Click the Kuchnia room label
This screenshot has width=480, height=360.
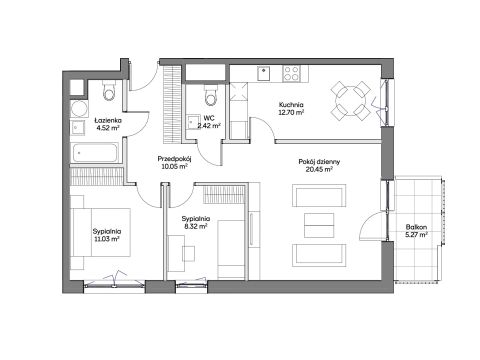tap(291, 105)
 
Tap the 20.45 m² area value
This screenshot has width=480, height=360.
tap(319, 169)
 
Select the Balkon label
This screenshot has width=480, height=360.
tap(416, 227)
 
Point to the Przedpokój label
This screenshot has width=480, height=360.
tap(174, 159)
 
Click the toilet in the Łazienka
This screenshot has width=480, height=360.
tap(109, 91)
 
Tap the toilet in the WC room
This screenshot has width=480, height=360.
tap(210, 94)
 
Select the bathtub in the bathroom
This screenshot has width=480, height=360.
tap(95, 153)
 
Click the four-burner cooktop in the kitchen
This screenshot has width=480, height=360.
tap(291, 73)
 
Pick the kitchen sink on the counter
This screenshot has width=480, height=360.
tap(264, 73)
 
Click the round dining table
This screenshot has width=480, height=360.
tap(350, 101)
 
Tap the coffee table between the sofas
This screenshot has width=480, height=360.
tap(319, 226)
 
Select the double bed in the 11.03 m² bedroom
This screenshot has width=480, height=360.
tap(101, 232)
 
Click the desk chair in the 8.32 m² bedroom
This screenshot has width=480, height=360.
tap(189, 253)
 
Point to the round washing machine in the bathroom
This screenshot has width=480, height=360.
tap(79, 109)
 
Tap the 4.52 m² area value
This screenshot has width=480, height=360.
tap(106, 128)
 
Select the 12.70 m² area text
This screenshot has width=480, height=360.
tap(291, 112)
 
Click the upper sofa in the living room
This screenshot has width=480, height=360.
tap(319, 195)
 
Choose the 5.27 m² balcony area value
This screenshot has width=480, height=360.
tap(416, 235)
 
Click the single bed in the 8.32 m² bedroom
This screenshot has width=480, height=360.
tap(231, 249)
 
